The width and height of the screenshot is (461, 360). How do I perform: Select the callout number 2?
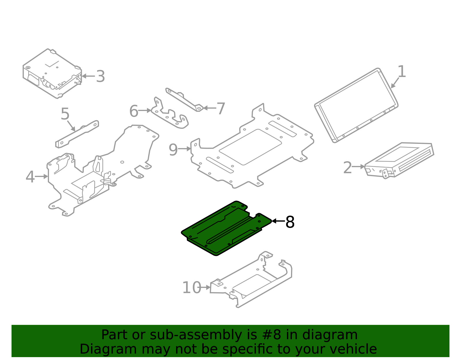click(347, 167)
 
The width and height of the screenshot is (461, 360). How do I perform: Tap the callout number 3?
click(100, 76)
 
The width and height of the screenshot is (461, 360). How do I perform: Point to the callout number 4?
click(30, 177)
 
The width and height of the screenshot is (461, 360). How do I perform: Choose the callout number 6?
click(134, 111)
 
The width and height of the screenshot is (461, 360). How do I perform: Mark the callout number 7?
click(221, 109)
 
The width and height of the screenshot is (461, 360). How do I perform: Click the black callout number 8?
click(290, 222)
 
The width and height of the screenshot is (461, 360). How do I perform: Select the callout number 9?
click(173, 150)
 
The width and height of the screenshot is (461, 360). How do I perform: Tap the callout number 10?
click(192, 288)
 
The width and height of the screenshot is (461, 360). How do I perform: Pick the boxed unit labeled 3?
click(52, 73)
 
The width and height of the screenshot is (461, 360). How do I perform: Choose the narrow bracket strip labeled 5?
click(77, 134)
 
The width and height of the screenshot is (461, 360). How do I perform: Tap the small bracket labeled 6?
click(170, 115)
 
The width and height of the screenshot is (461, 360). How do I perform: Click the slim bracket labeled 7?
click(184, 99)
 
